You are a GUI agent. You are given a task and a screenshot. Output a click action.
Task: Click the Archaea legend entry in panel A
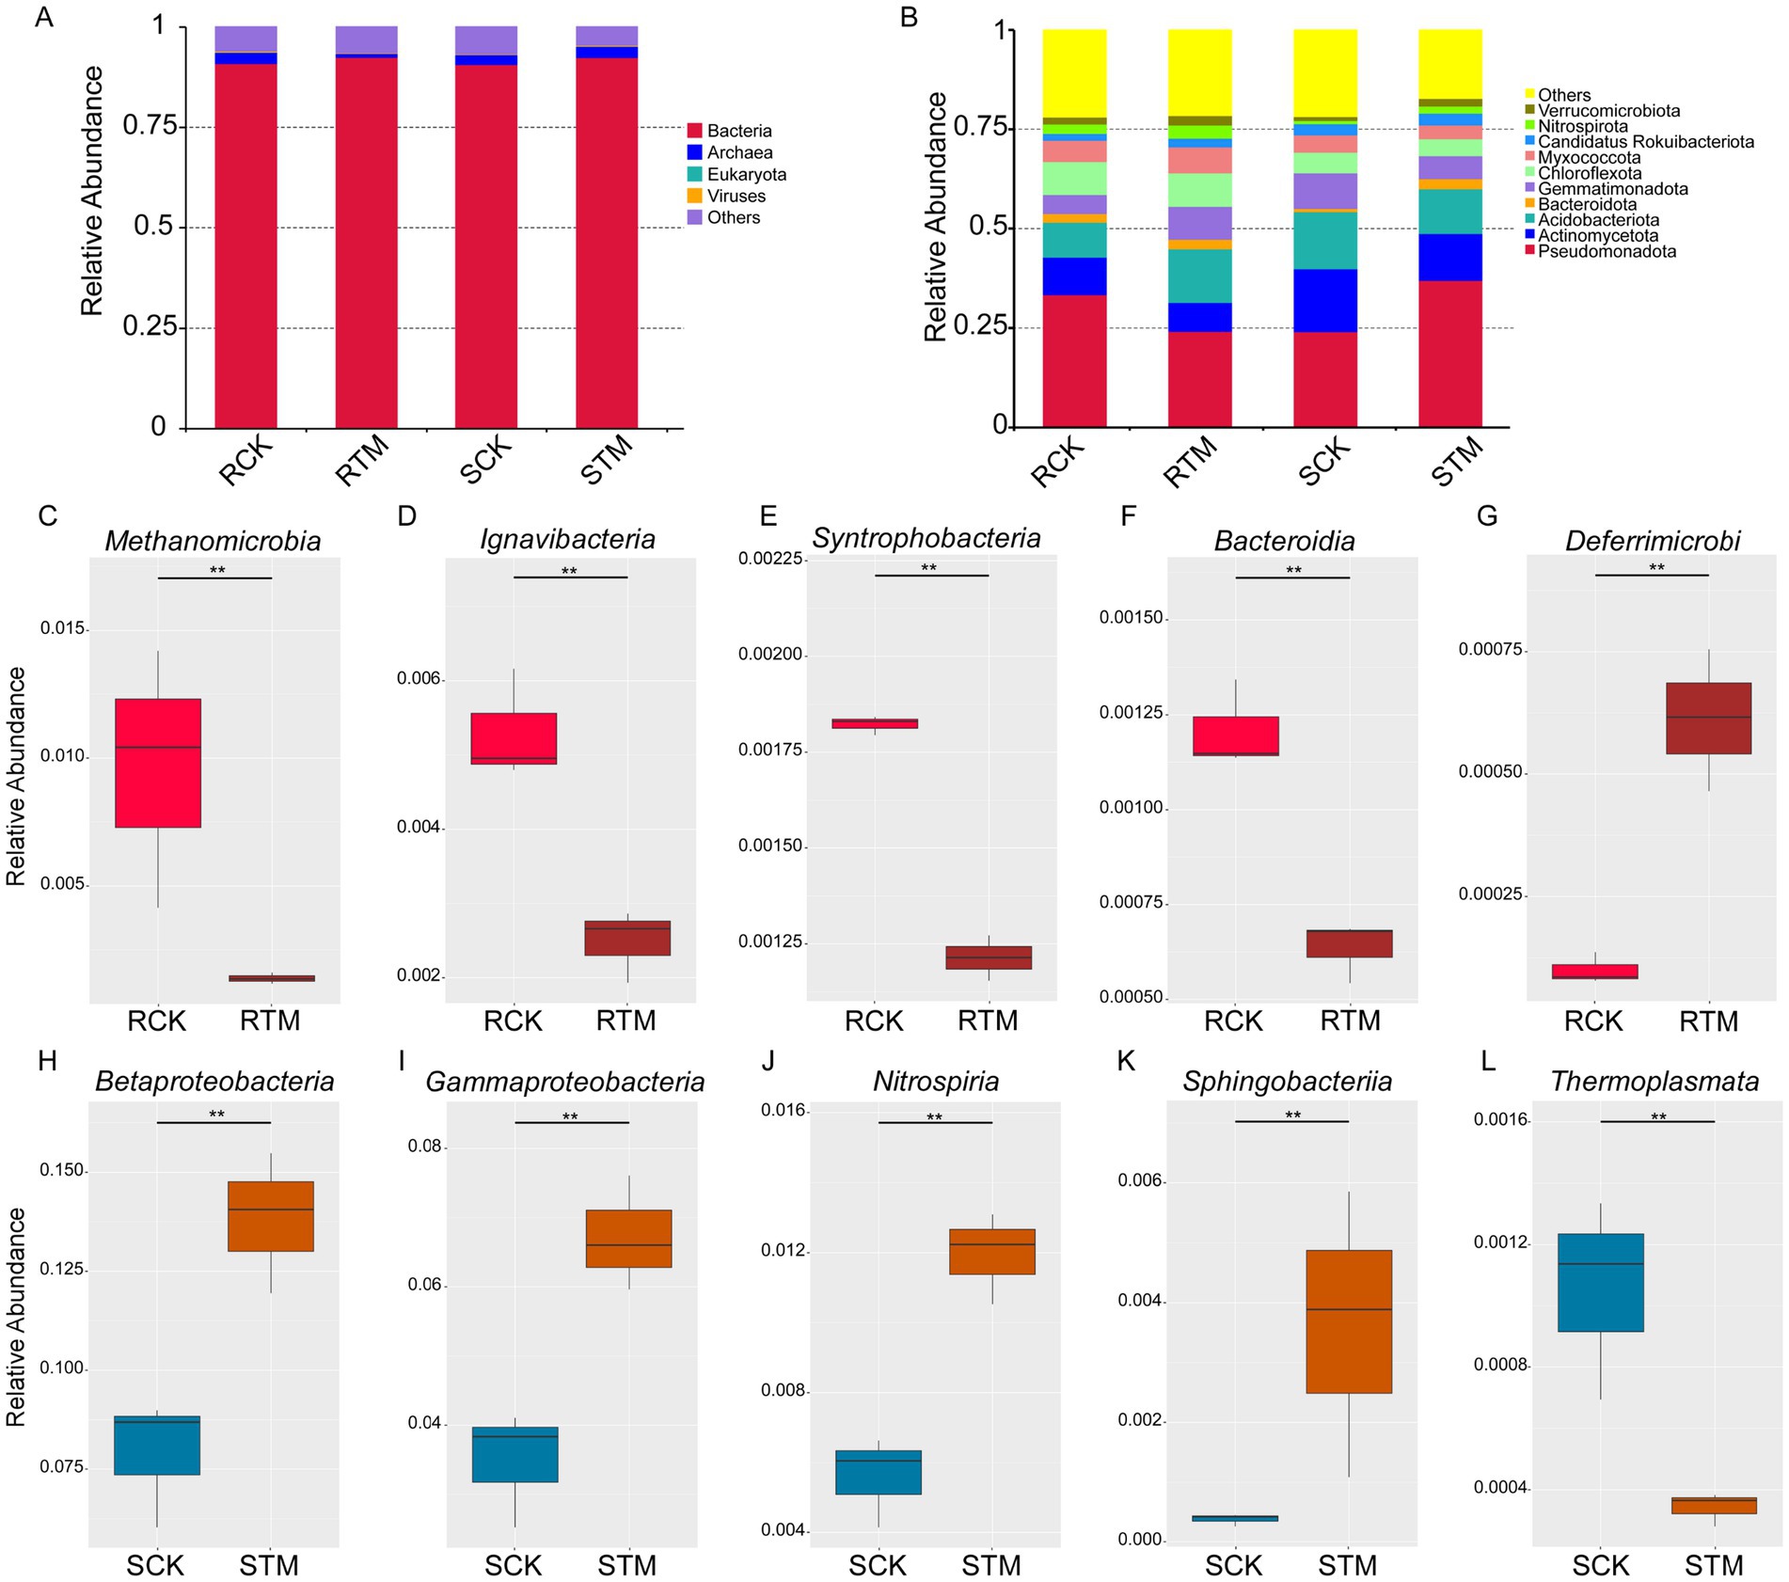(x=739, y=152)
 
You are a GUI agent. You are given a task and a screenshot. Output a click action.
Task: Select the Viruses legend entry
(x=736, y=196)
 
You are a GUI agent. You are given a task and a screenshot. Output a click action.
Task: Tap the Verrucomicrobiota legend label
(x=1608, y=111)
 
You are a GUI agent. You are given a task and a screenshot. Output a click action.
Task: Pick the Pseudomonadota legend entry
(x=1607, y=251)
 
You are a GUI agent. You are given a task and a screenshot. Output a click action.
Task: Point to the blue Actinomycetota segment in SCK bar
(x=1324, y=300)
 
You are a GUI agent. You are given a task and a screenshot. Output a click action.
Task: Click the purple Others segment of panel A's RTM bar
(x=366, y=40)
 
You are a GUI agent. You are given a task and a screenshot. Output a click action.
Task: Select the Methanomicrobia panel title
(x=213, y=541)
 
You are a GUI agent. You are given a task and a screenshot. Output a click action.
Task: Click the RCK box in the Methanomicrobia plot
(x=158, y=763)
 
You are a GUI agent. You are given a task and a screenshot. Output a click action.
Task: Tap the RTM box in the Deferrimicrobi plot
(x=1708, y=718)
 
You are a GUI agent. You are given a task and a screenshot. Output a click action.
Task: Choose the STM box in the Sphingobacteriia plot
(x=1349, y=1321)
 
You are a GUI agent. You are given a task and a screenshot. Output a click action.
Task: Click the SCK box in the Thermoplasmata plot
(x=1600, y=1282)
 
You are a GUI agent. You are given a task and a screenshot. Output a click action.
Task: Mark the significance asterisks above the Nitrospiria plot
(x=934, y=1117)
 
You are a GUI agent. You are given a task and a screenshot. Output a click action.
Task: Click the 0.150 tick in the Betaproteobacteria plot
(x=61, y=1171)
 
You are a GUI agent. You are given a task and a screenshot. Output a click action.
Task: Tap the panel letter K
(x=1125, y=1061)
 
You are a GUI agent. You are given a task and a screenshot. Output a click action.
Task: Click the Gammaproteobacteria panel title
(x=564, y=1082)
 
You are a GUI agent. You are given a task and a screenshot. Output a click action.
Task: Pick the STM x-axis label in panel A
(x=607, y=461)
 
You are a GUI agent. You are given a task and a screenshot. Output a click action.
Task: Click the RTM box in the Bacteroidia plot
(x=1349, y=943)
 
